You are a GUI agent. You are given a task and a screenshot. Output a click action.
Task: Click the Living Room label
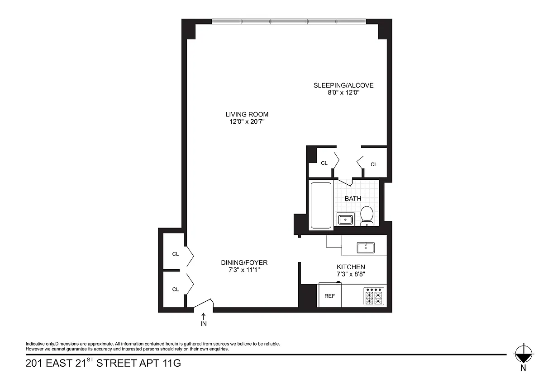coord(247,114)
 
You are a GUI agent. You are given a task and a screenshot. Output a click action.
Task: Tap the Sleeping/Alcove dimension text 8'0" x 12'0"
coord(343,93)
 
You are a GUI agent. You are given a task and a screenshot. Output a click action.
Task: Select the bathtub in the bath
coord(321,205)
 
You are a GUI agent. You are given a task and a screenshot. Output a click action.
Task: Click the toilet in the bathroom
coord(367,216)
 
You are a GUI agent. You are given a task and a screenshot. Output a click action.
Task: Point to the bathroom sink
coord(345,220)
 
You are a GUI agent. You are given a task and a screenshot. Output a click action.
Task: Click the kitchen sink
coord(366,248)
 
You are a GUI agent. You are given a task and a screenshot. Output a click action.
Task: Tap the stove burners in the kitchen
coord(374,296)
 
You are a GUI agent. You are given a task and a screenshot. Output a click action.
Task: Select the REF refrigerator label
coord(330,296)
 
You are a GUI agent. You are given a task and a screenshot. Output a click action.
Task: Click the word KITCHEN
coord(351,267)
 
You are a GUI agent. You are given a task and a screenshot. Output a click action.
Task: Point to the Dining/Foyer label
coord(244,262)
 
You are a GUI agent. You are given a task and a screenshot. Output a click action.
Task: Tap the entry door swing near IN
coord(204,303)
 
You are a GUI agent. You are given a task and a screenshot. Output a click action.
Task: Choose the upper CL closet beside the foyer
coord(176,254)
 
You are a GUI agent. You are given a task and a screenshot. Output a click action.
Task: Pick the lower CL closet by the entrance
coord(176,290)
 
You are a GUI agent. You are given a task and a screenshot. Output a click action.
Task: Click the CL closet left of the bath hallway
coord(324,163)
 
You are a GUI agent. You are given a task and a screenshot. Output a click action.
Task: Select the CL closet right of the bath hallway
coord(374,164)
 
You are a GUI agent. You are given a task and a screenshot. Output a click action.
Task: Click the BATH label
coord(353,198)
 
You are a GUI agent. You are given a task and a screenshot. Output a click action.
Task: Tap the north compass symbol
coord(524,355)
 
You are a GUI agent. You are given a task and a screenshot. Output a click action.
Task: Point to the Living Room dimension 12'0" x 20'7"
coord(247,121)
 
